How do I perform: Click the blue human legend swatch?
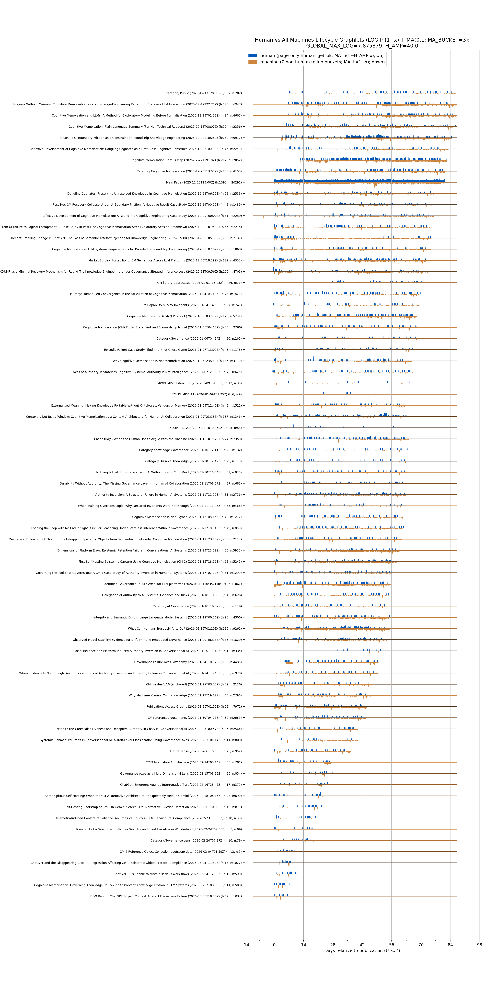pyautogui.click(x=253, y=55)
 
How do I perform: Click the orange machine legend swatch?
pyautogui.click(x=253, y=62)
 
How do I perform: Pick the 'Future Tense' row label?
pyautogui.click(x=206, y=751)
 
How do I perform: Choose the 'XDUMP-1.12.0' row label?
pyautogui.click(x=205, y=428)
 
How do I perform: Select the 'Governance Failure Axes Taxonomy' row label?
pyautogui.click(x=188, y=662)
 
